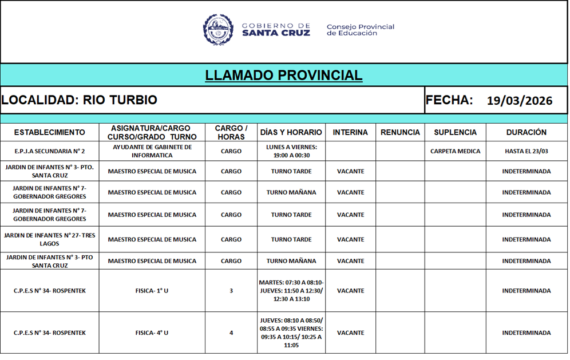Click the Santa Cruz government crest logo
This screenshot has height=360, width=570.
[x=218, y=30]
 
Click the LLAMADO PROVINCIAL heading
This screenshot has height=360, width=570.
[x=284, y=75]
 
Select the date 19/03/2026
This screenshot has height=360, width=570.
[x=520, y=101]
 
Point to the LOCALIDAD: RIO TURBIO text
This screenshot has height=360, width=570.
[x=79, y=100]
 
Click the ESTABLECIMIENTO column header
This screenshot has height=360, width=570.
[x=49, y=132]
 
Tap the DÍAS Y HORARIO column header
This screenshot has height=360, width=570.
[x=291, y=132]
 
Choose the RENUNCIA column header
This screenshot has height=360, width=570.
[x=400, y=132]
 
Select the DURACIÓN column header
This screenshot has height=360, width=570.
[x=526, y=132]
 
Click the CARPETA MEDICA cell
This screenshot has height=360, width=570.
[x=455, y=151]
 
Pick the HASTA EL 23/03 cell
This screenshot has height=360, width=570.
[x=526, y=151]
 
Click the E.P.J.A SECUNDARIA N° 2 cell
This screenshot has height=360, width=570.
[x=49, y=151]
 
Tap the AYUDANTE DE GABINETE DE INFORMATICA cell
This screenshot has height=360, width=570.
[x=152, y=151]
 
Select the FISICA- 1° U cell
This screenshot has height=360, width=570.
[x=152, y=291]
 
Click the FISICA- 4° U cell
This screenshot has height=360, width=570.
[x=152, y=333]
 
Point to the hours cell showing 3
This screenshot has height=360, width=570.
[x=231, y=291]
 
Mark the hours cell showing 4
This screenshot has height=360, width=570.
[x=231, y=333]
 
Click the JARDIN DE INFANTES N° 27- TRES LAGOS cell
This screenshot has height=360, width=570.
[x=49, y=239]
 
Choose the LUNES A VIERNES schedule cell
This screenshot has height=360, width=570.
[x=291, y=151]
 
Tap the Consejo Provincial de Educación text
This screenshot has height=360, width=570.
[x=360, y=30]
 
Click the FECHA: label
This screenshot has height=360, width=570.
[x=449, y=100]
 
